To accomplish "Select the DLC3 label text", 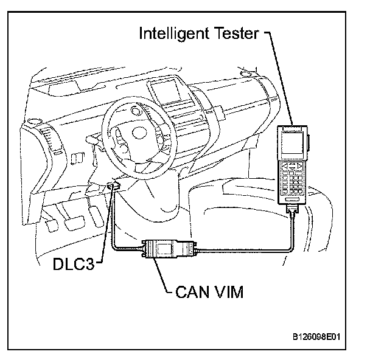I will [71, 266].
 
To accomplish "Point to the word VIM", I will [226, 293].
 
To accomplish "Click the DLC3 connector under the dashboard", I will [113, 185].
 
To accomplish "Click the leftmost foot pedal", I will [52, 224].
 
